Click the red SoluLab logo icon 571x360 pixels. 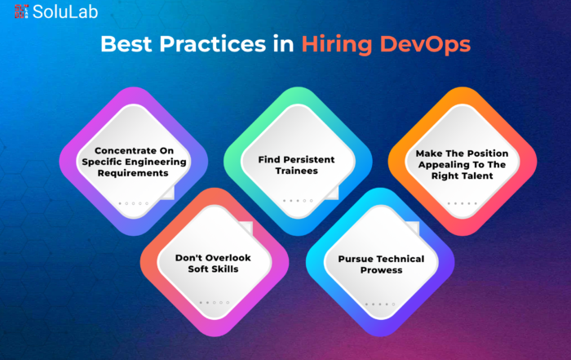[21, 11]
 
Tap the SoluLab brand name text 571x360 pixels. [65, 11]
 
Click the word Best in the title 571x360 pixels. [126, 44]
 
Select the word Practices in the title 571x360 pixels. [213, 44]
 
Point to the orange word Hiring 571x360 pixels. [337, 45]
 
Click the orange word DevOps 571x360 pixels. [425, 45]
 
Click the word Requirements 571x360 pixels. [133, 173]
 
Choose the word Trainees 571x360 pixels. [296, 171]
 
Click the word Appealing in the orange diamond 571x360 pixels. [439, 165]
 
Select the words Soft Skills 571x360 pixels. [213, 269]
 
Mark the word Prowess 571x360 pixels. [381, 270]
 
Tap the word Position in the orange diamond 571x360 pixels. [489, 153]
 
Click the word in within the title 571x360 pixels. [284, 44]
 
